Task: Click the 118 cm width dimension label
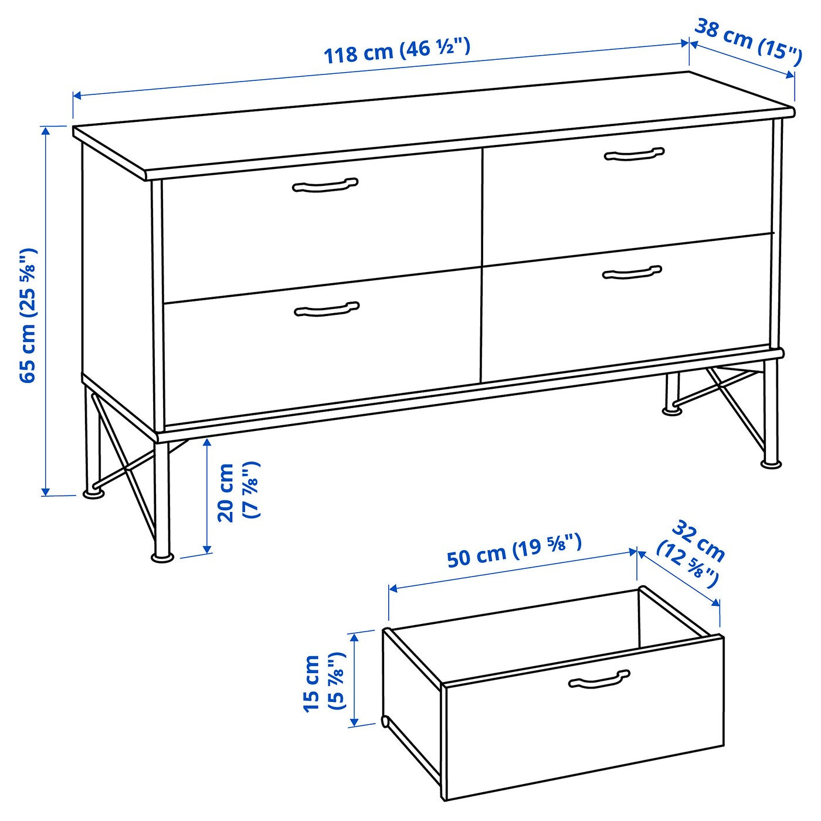397,50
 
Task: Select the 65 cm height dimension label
28,315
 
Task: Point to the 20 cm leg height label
238,491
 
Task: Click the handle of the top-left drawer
325,185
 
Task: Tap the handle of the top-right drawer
635,154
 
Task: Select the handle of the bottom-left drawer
327,309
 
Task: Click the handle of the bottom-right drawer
632,272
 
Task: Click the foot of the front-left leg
162,557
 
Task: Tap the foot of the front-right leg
771,464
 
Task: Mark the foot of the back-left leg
94,494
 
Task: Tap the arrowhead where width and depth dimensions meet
688,43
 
